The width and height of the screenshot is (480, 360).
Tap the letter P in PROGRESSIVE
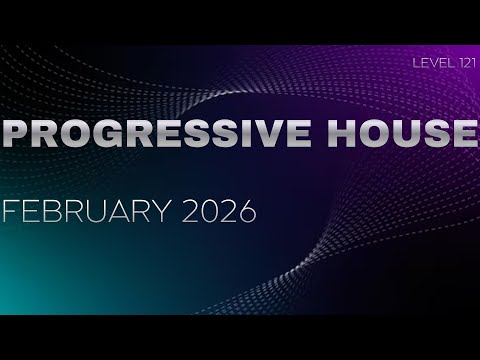19,133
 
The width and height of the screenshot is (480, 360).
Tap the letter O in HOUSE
371,133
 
